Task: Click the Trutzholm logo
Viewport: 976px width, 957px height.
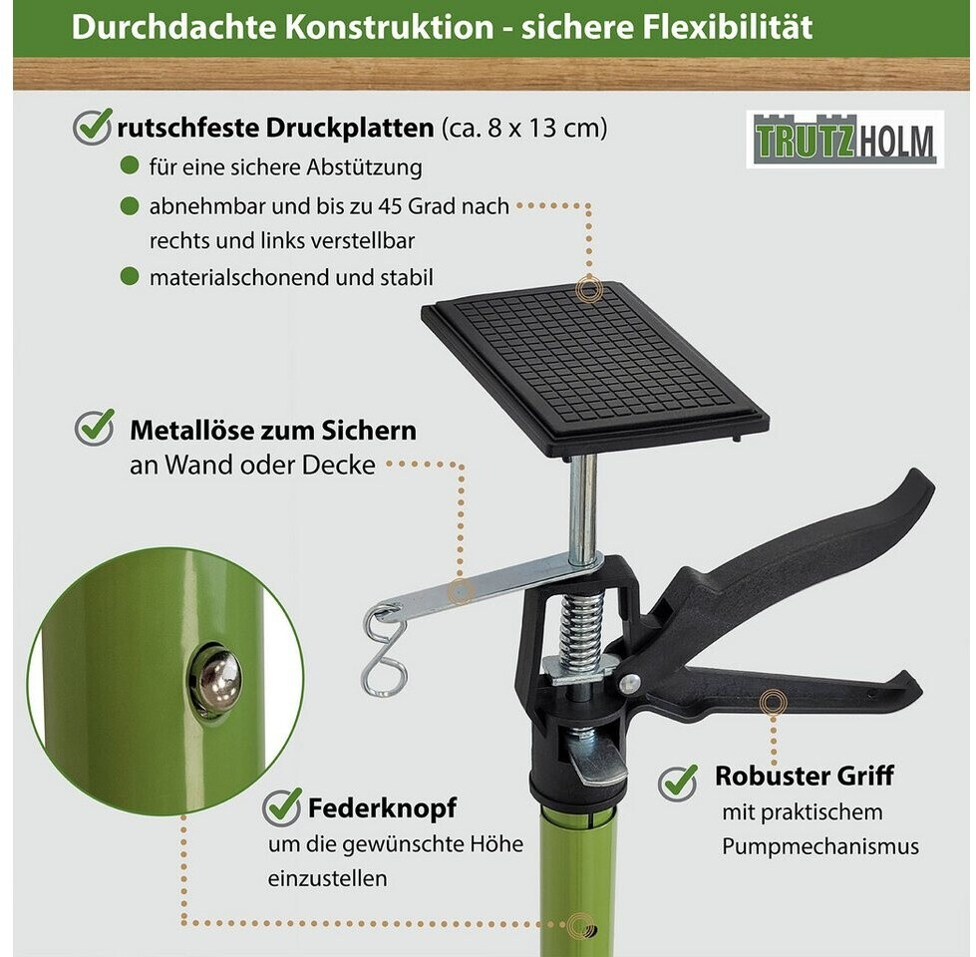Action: (844, 139)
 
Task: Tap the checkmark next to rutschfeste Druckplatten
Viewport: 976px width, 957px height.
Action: (93, 127)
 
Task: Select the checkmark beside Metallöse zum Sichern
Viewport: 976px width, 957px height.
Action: (95, 427)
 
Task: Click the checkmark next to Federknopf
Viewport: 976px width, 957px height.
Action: (282, 807)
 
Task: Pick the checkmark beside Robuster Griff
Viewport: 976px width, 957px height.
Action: (678, 782)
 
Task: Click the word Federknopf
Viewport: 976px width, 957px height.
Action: (382, 807)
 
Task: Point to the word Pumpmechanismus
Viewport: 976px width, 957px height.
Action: (820, 847)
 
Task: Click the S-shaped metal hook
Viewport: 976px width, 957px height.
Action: (384, 652)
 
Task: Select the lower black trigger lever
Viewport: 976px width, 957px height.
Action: (778, 688)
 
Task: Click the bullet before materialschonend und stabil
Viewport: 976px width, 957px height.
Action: (130, 276)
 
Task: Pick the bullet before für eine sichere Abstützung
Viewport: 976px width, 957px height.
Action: (130, 165)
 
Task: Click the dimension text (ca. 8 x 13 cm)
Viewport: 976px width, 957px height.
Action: (524, 129)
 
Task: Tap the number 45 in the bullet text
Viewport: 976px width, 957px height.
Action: (390, 206)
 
